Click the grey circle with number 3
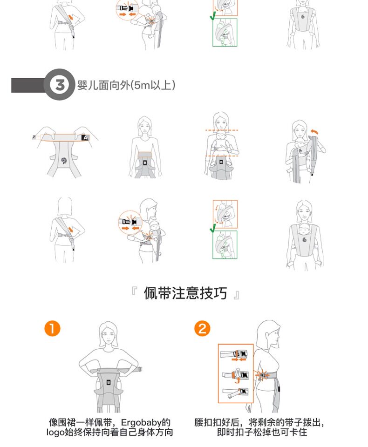pyautogui.click(x=59, y=85)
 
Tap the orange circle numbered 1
pyautogui.click(x=52, y=329)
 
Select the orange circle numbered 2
pyautogui.click(x=202, y=329)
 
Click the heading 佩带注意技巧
pyautogui.click(x=185, y=293)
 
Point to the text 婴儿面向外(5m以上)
pyautogui.click(x=126, y=85)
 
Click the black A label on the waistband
pyautogui.click(x=85, y=138)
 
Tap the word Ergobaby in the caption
pyautogui.click(x=141, y=422)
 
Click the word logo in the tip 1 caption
pyautogui.click(x=55, y=433)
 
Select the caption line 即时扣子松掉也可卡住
pyautogui.click(x=262, y=432)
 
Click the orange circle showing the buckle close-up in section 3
pyautogui.click(x=130, y=223)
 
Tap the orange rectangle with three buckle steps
pyautogui.click(x=236, y=373)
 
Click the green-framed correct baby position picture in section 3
pyautogui.click(x=225, y=244)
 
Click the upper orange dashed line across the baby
pyautogui.click(x=222, y=130)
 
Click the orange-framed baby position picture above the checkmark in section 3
pyautogui.click(x=225, y=214)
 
